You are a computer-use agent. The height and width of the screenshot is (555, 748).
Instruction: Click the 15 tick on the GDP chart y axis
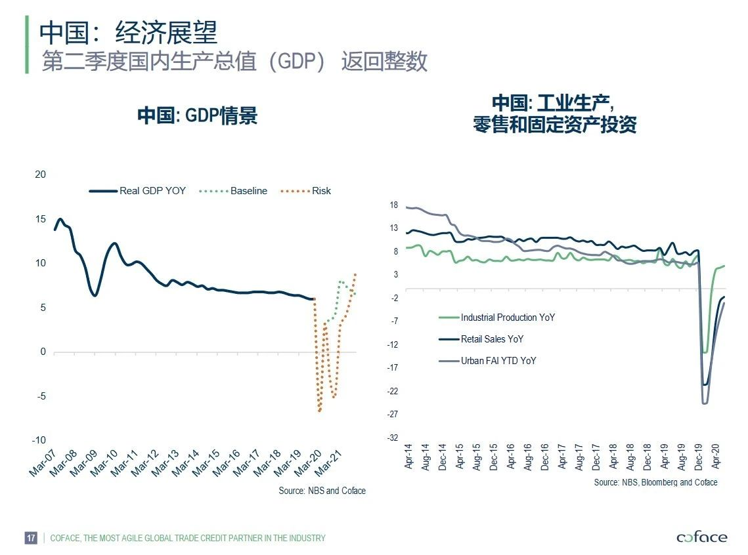click(x=41, y=218)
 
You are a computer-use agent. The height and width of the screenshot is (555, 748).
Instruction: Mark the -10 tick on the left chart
click(x=39, y=440)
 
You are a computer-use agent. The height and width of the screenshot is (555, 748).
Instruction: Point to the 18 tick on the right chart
click(x=394, y=205)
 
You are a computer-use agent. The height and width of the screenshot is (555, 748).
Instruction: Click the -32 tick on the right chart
click(x=392, y=438)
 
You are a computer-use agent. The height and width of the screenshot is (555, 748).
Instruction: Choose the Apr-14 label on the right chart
click(x=408, y=457)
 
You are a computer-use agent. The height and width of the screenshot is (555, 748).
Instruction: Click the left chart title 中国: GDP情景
click(x=197, y=116)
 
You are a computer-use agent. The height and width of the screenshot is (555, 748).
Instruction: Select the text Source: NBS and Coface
click(x=322, y=491)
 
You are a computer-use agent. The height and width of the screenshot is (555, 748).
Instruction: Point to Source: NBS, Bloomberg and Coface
click(x=655, y=482)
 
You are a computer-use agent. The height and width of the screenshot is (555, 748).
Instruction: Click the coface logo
click(x=701, y=537)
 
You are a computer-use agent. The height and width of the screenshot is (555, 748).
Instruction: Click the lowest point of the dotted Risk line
click(x=320, y=411)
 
